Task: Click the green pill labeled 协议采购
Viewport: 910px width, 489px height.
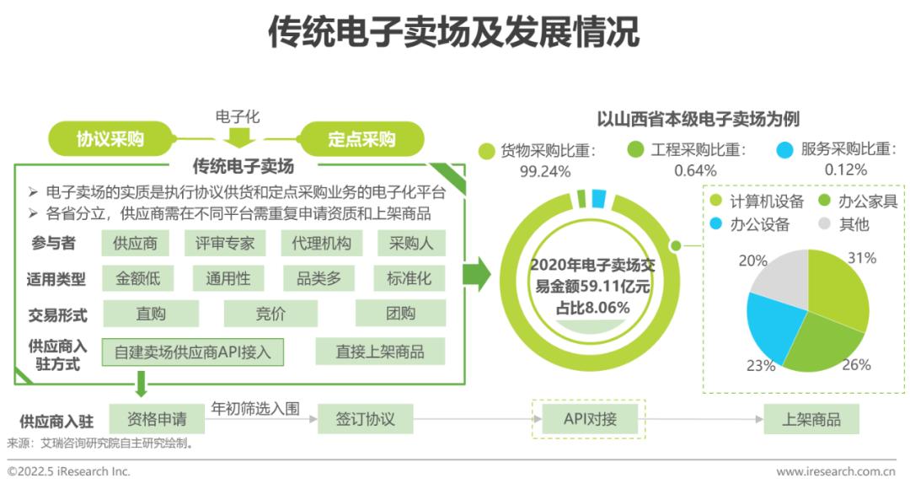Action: (110, 139)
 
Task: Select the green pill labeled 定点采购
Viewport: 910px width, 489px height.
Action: (361, 139)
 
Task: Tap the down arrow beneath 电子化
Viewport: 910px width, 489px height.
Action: (238, 137)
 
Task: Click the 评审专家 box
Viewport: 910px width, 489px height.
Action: (225, 243)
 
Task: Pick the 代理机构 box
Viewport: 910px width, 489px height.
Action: (322, 243)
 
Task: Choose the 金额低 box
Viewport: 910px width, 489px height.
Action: (137, 278)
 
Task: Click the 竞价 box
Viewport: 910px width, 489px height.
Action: (270, 314)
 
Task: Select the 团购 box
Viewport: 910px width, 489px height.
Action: (400, 314)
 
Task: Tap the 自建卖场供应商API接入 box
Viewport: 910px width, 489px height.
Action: (193, 352)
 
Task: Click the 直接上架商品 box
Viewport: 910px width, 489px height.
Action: (380, 352)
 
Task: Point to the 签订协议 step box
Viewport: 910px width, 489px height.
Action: (365, 419)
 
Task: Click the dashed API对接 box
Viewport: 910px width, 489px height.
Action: (590, 419)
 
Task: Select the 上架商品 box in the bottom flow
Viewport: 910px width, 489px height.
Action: (811, 419)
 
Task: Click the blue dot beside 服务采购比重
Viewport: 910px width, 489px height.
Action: (784, 150)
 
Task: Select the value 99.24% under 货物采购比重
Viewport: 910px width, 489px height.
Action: (545, 171)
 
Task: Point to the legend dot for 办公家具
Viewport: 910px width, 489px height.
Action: (824, 201)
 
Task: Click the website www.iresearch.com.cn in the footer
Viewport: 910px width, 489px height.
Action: (836, 471)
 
